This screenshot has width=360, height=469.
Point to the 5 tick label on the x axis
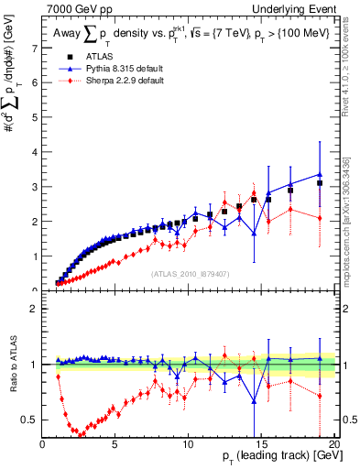tap(115, 442)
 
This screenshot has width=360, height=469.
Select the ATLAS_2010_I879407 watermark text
tap(190, 273)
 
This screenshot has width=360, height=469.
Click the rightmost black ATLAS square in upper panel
tap(320, 183)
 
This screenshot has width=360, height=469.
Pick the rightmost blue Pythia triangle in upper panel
tap(320, 174)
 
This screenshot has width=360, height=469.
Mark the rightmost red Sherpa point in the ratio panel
tap(320, 396)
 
